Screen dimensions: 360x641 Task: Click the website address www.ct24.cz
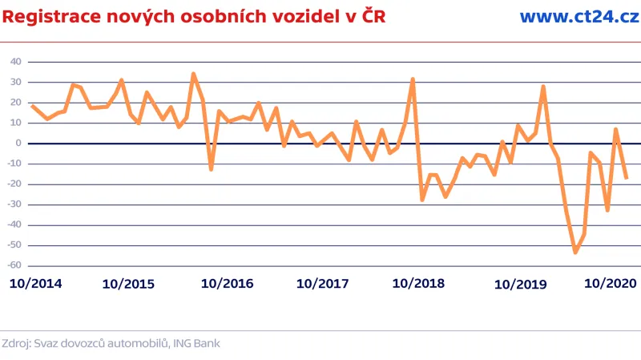click(579, 17)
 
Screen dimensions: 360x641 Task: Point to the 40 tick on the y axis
click(15, 62)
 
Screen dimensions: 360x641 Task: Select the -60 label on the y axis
click(14, 266)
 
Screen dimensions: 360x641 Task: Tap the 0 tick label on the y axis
click(18, 144)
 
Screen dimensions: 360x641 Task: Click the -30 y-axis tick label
click(14, 205)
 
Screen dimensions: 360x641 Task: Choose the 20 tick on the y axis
click(15, 103)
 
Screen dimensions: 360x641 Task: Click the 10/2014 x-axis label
click(35, 284)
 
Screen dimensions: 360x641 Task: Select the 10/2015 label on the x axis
click(129, 284)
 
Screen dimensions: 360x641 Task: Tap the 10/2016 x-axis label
click(227, 284)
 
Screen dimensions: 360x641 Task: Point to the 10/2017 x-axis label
click(322, 284)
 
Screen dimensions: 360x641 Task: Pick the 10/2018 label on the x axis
click(419, 284)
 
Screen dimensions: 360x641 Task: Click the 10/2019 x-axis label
click(520, 284)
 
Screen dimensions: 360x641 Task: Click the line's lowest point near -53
click(575, 252)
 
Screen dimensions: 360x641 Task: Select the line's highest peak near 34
click(194, 74)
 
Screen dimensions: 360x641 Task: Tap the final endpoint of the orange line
click(626, 178)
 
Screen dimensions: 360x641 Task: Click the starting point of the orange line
click(32, 106)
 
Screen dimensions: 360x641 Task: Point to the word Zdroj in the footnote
click(17, 343)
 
